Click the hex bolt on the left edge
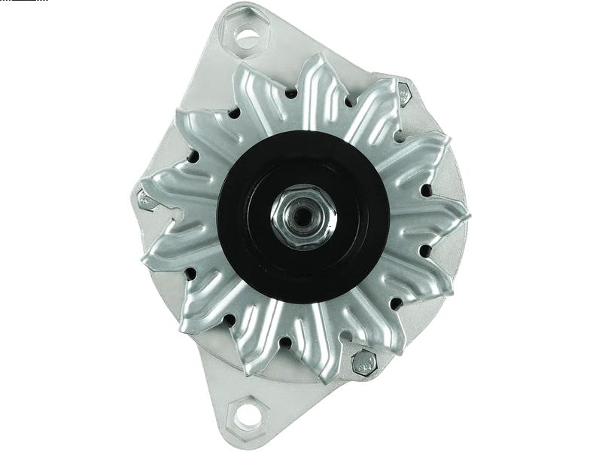coord(144,199)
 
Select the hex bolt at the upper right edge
coord(403,93)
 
